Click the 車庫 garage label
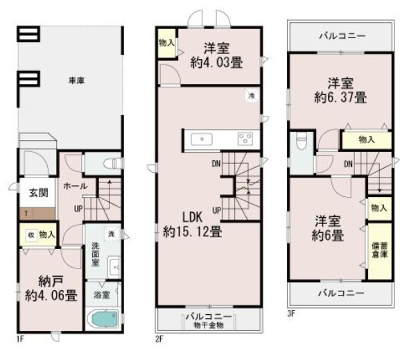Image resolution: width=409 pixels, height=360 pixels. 76,81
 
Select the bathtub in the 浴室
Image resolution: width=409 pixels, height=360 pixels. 103,322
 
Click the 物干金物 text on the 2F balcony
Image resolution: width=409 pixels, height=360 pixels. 209,325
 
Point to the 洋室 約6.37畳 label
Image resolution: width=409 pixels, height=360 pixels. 340,89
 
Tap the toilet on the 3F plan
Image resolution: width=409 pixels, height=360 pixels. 300,143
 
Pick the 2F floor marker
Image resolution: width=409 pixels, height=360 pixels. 158,340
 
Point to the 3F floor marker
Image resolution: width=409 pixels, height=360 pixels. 291,313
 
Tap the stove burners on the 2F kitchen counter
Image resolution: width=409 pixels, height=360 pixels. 245,138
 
